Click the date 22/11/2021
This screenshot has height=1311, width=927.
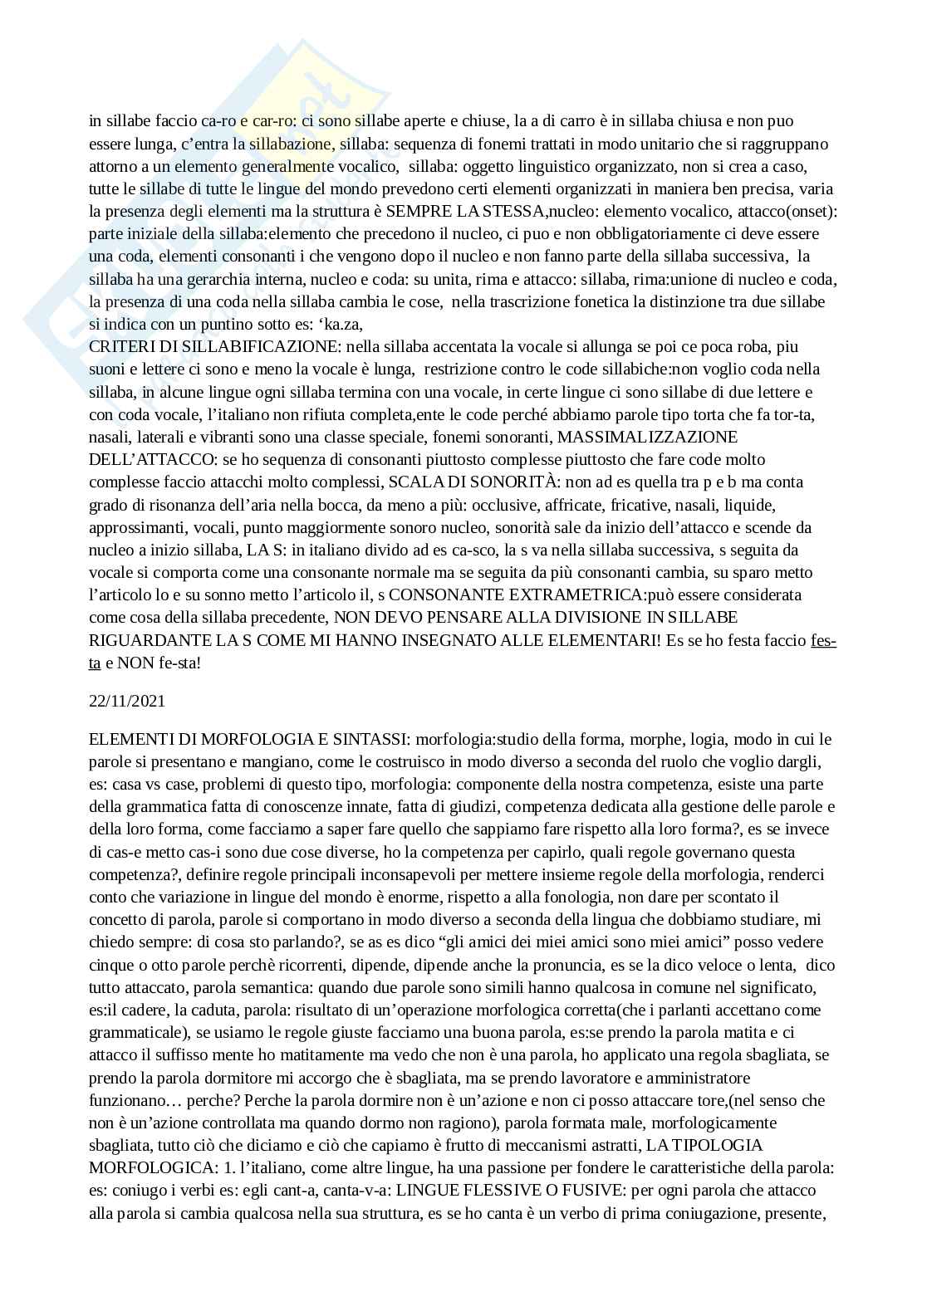(x=127, y=701)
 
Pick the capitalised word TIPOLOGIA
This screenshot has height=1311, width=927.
(x=718, y=1146)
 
